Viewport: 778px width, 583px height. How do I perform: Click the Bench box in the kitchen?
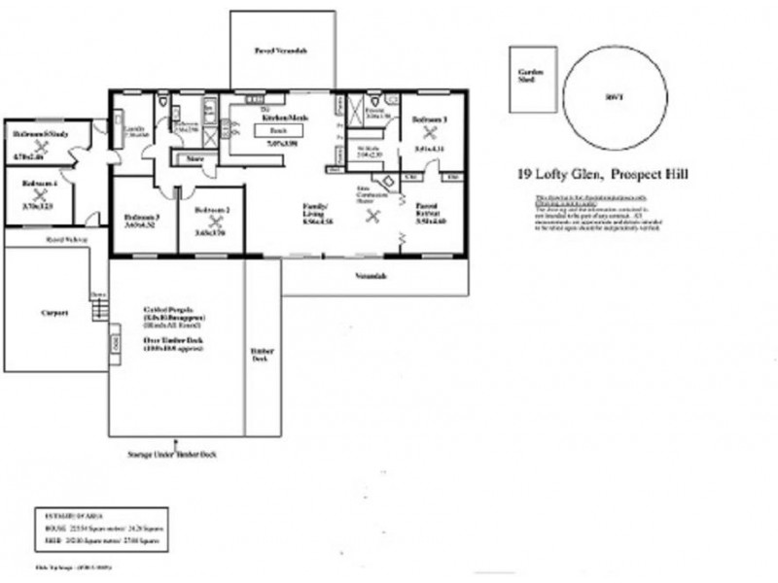coord(276,128)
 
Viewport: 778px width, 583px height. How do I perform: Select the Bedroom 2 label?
coord(211,211)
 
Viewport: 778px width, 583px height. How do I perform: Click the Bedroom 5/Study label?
coord(39,132)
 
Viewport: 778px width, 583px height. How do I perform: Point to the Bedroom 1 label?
coord(429,119)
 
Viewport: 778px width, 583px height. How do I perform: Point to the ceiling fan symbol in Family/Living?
coord(371,217)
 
